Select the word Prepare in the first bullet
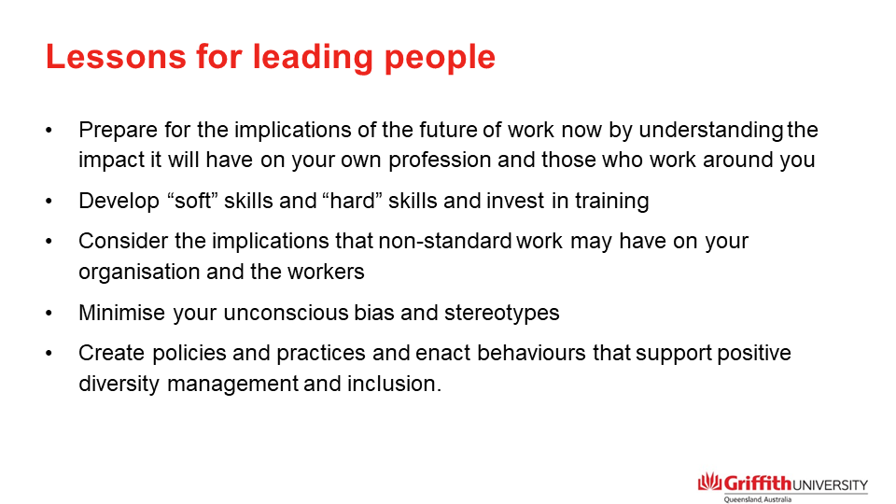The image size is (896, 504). [115, 131]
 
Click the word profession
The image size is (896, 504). [422, 160]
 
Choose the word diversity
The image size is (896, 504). [119, 384]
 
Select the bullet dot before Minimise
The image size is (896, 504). [49, 313]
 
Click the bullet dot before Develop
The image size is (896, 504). [49, 201]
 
